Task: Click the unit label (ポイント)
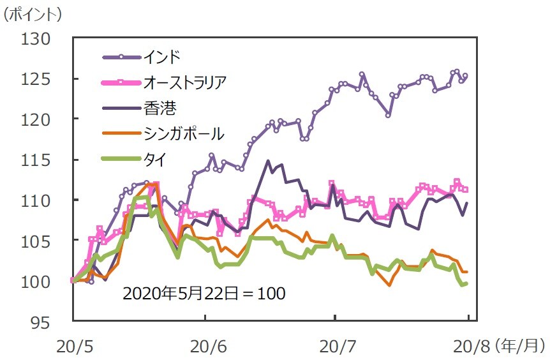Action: tap(33, 13)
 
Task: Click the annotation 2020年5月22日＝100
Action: tap(204, 294)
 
